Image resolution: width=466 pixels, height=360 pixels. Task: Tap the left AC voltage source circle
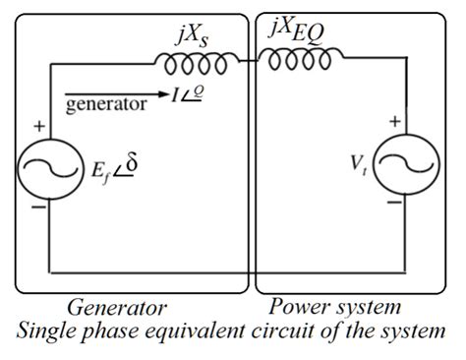tap(48, 171)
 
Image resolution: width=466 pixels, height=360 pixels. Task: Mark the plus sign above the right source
tap(395, 122)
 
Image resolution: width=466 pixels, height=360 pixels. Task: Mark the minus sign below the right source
tap(394, 204)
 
